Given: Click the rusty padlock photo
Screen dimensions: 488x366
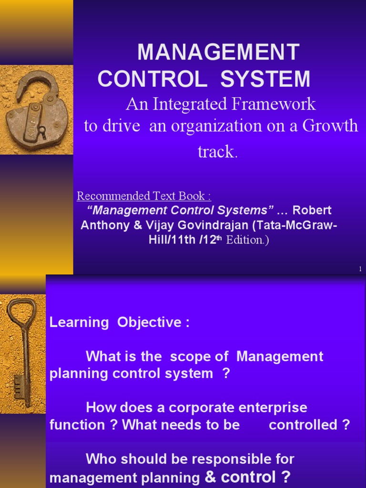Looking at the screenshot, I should (37, 110).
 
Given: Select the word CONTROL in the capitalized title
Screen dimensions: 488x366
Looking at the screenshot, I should (152, 79).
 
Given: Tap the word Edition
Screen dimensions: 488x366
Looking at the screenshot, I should (245, 240).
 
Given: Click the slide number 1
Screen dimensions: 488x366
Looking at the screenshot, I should (360, 270).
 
